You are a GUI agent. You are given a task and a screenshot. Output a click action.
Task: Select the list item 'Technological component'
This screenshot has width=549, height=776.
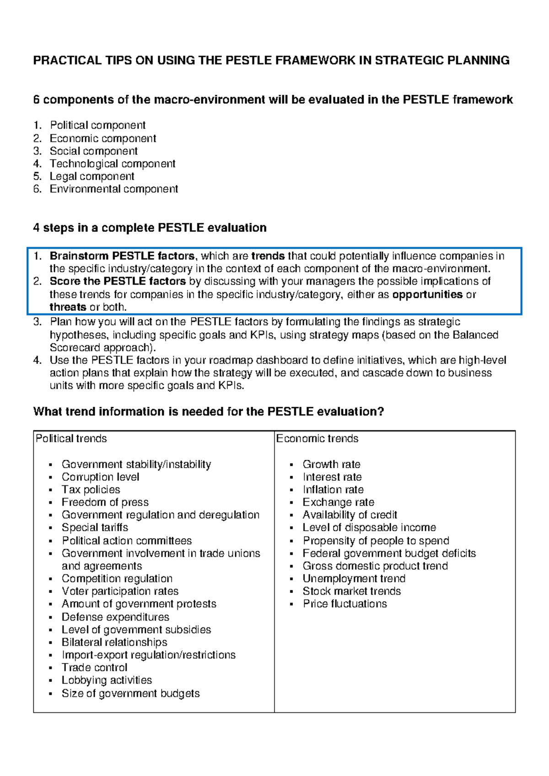tap(112, 164)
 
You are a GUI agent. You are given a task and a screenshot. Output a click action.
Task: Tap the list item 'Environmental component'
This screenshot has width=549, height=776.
tap(113, 189)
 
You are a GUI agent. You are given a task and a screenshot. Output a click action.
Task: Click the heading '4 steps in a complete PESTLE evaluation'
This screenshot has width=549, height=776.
tap(150, 228)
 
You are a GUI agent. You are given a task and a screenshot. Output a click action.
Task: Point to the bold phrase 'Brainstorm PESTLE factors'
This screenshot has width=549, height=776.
tap(122, 256)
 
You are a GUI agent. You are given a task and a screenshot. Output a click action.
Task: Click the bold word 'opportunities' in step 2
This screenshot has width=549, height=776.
tap(427, 294)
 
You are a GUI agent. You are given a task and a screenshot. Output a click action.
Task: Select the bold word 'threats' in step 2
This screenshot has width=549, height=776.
tap(68, 307)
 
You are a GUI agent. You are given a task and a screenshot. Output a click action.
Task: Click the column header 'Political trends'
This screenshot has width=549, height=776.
tap(71, 438)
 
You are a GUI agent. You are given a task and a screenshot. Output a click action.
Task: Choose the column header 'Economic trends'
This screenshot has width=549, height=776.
tap(317, 438)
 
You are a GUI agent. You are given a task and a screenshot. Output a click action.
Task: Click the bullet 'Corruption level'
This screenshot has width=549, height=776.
tap(100, 477)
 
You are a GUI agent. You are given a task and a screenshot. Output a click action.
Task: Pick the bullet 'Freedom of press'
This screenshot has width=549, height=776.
tap(105, 502)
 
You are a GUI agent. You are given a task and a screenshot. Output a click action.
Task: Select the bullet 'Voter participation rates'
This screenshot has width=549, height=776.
tap(120, 591)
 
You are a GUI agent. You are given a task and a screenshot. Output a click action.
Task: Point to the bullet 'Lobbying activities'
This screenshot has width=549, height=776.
tap(107, 680)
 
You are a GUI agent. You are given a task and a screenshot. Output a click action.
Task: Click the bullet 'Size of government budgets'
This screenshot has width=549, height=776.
tap(130, 693)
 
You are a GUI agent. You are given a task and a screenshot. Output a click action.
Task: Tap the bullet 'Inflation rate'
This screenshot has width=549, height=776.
tap(333, 490)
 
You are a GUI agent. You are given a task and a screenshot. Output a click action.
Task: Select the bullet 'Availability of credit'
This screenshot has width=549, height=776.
tap(350, 515)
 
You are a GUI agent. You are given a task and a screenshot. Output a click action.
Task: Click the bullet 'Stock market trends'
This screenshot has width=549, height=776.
tap(351, 591)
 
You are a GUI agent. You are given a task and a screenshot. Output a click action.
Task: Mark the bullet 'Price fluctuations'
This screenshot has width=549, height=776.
tap(344, 604)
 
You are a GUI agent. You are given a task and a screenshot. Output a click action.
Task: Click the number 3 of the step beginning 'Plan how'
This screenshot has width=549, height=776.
tap(37, 322)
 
